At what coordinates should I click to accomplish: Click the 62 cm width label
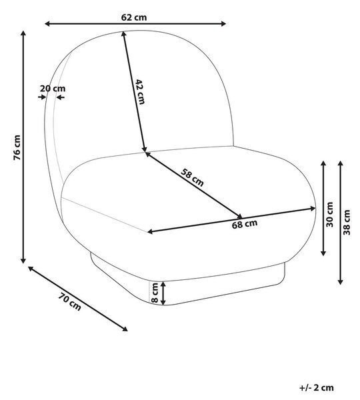[x=134, y=17]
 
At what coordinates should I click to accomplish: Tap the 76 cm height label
[x=17, y=147]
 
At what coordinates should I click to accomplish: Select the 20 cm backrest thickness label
[x=53, y=89]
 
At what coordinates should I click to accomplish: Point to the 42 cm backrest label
[x=140, y=92]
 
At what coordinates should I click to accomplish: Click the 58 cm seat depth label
[x=192, y=177]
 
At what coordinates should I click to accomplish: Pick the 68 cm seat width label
[x=245, y=224]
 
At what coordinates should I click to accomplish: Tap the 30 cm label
[x=329, y=214]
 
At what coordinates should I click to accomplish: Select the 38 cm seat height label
[x=347, y=222]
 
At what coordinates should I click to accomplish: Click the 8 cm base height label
[x=155, y=293]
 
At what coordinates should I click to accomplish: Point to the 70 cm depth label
[x=70, y=302]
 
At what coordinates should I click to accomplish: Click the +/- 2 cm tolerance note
[x=317, y=388]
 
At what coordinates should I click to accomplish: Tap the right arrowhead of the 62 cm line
[x=223, y=24]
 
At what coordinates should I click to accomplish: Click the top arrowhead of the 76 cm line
[x=23, y=34]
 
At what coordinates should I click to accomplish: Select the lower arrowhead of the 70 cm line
[x=125, y=329]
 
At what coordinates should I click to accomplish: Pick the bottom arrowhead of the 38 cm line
[x=341, y=282]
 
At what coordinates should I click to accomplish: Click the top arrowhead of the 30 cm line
[x=323, y=164]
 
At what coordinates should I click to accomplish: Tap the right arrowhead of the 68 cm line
[x=313, y=209]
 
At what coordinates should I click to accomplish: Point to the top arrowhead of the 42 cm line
[x=124, y=34]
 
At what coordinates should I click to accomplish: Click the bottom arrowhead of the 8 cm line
[x=163, y=302]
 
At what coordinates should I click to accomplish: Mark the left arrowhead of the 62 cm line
[x=48, y=24]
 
